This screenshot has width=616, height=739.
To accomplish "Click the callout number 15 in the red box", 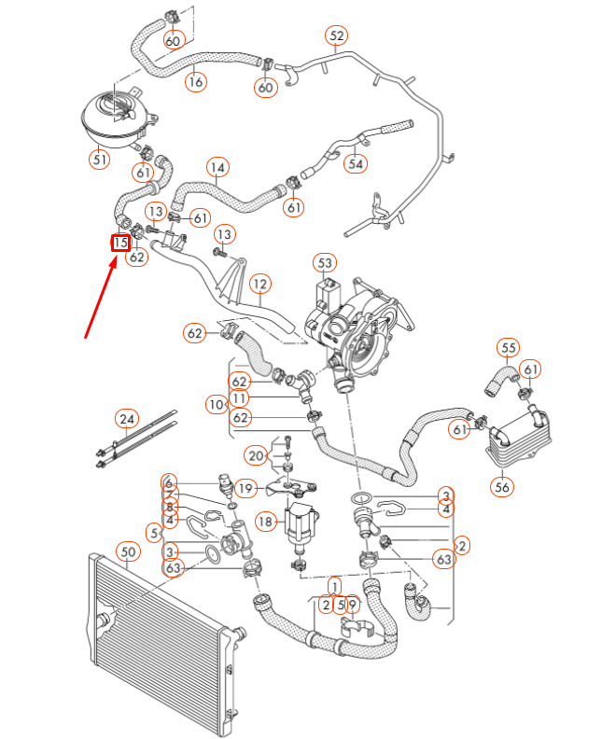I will pos(119,244).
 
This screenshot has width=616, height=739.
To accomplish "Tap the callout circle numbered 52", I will pos(337,36).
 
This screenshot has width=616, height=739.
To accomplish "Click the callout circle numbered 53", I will pos(324,263).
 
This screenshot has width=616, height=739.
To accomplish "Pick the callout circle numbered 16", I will pos(195,82).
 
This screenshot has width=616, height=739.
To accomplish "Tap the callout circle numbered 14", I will pos(217,168).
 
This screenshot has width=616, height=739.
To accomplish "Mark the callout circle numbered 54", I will pos(355,164).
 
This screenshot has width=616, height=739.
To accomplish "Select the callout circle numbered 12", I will pos(259,283).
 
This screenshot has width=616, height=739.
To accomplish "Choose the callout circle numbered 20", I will pos(257,455).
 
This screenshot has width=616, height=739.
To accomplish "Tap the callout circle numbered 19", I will pos(245,487).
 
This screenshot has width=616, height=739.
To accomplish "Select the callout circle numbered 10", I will pos(217,405).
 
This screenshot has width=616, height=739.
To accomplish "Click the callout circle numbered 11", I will pos(240,398).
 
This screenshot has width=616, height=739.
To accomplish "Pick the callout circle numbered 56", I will pos(503,486).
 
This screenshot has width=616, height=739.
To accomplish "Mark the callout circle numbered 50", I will pos(128,552).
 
